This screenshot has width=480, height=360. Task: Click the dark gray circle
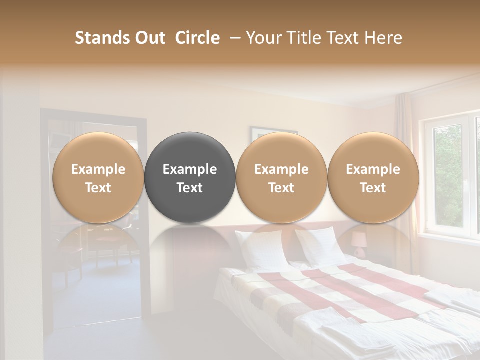190,177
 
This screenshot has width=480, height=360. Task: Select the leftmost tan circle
98,177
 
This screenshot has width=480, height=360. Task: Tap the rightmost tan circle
373,177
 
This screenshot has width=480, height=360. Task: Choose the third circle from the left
281,177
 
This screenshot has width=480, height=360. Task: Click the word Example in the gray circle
190,169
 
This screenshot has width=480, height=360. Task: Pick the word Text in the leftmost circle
98,188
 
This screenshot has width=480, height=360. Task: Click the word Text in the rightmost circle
373,188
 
